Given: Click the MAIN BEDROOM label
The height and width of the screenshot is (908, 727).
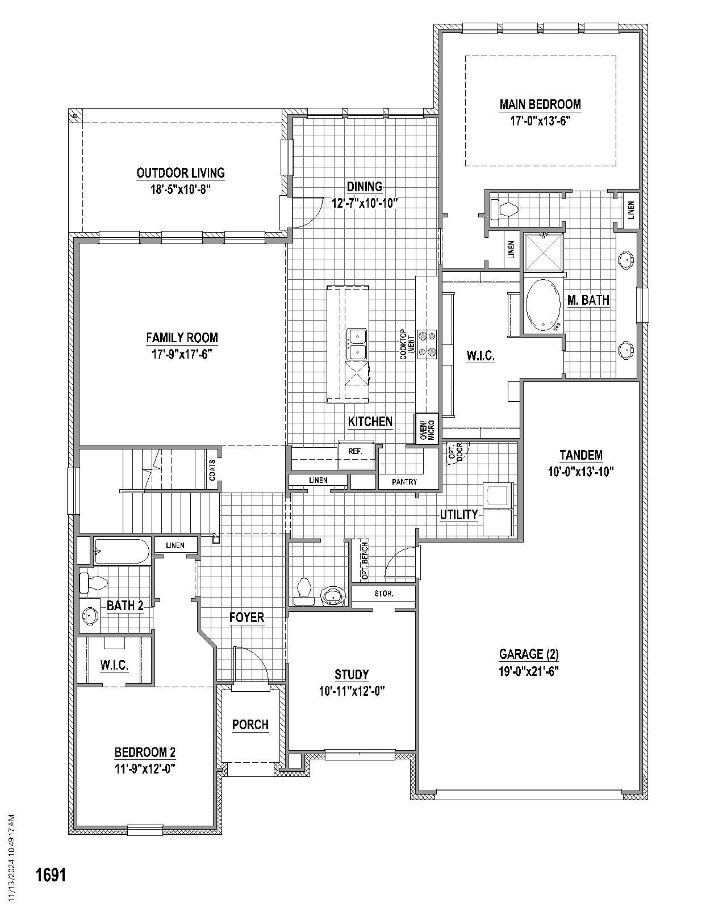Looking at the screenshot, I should pyautogui.click(x=540, y=104).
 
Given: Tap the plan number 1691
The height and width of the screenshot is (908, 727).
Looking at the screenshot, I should pyautogui.click(x=51, y=875).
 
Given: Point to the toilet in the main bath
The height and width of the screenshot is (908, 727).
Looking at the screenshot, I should pyautogui.click(x=504, y=210).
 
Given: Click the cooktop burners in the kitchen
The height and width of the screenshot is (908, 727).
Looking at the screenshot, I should pyautogui.click(x=427, y=344).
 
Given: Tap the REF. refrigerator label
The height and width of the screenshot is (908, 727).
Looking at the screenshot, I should pyautogui.click(x=356, y=451).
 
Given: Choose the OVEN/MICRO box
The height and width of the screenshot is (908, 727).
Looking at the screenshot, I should pyautogui.click(x=427, y=429).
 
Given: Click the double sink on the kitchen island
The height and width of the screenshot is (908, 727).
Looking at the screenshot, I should pyautogui.click(x=357, y=344).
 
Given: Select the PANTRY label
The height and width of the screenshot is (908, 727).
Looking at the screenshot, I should pyautogui.click(x=404, y=482).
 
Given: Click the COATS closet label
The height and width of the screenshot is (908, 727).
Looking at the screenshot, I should pyautogui.click(x=212, y=470).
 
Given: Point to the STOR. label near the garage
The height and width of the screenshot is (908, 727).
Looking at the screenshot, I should pyautogui.click(x=384, y=594).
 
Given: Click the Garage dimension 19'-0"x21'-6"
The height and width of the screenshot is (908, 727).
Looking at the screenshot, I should pyautogui.click(x=529, y=670).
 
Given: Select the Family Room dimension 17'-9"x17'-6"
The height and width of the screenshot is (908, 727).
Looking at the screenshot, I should pyautogui.click(x=182, y=354).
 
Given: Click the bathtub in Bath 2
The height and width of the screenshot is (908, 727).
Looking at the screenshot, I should pyautogui.click(x=122, y=551).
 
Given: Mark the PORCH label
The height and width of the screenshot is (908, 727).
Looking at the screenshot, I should pyautogui.click(x=250, y=725).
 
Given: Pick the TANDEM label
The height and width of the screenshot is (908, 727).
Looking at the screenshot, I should pyautogui.click(x=580, y=455).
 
